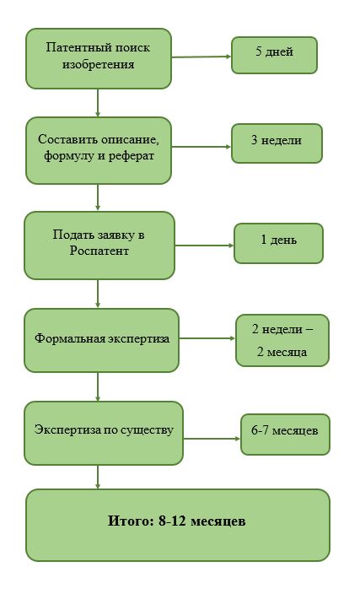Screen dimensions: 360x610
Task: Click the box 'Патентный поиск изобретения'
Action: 99,58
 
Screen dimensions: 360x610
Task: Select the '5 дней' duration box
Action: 275,55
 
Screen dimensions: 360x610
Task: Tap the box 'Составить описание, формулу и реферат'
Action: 99,150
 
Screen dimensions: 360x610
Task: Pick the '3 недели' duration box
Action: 277,143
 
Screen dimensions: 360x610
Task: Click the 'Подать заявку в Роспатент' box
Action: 99,245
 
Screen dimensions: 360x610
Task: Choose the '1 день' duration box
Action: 278,243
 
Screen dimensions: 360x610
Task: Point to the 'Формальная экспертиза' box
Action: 101,340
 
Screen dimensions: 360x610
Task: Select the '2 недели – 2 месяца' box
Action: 282,340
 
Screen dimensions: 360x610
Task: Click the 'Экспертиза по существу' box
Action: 104,433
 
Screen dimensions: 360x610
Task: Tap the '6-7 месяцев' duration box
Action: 285,435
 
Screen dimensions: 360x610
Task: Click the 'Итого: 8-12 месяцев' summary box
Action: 178,525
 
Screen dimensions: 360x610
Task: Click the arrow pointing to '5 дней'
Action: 201,57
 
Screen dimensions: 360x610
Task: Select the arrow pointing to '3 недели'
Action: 201,147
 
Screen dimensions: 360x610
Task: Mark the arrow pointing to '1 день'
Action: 204,246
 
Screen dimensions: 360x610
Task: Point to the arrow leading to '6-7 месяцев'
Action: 212,439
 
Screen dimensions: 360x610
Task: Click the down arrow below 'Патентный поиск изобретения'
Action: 98,103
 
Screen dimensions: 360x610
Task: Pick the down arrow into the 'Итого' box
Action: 98,477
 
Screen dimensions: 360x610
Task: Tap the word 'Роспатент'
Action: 99,251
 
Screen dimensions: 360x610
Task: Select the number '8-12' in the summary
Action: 172,521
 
